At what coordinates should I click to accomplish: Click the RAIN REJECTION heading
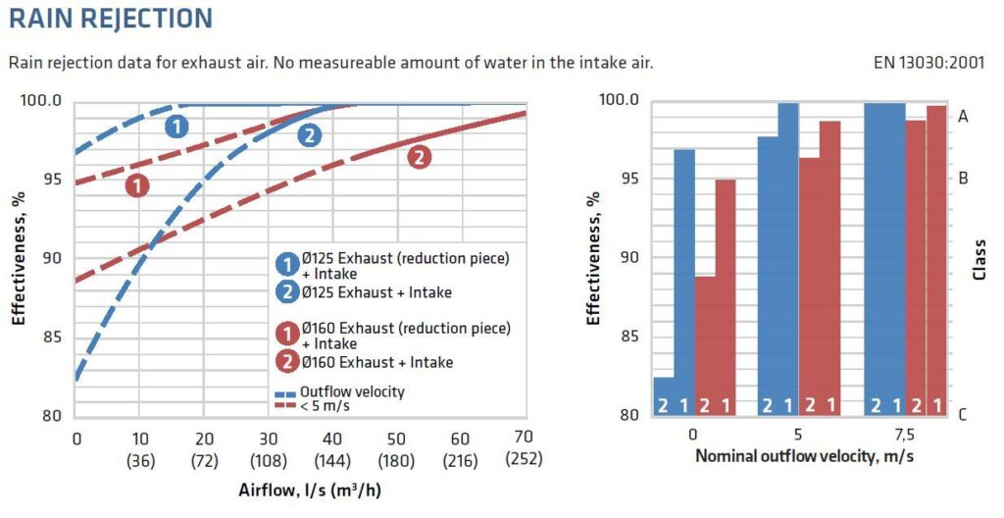click(111, 19)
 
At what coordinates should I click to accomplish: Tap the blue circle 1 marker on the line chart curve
click(176, 126)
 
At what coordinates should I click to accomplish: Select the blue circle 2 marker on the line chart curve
click(309, 135)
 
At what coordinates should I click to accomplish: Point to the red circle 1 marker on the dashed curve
click(136, 184)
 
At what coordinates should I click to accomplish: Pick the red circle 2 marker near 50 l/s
click(419, 156)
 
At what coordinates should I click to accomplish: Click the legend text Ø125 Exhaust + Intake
click(376, 292)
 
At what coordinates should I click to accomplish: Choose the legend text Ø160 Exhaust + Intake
click(376, 362)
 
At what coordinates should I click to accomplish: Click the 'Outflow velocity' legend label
click(353, 391)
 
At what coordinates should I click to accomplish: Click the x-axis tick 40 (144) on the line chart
click(332, 447)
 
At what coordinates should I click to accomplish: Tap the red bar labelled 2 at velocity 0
click(705, 343)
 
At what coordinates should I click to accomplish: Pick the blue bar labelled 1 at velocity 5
click(788, 255)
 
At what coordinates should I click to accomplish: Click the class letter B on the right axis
click(963, 179)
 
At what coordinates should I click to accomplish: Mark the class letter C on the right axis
click(963, 415)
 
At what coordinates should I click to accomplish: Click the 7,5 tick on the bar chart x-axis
click(904, 435)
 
